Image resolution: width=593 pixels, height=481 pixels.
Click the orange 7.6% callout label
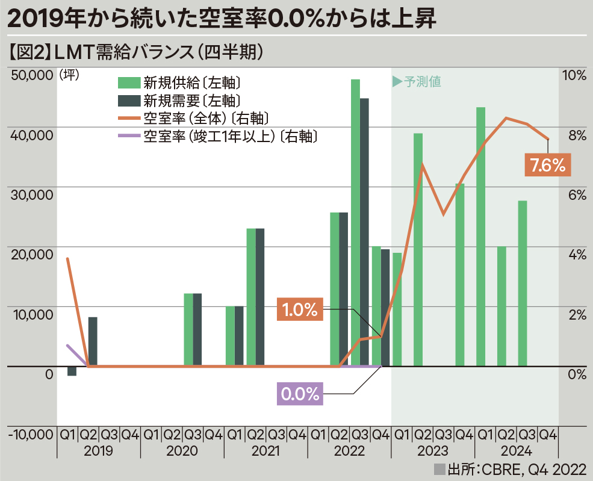click(x=547, y=164)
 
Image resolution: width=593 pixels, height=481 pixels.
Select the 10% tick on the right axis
click(x=573, y=75)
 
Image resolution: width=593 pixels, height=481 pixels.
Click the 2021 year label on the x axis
click(x=265, y=451)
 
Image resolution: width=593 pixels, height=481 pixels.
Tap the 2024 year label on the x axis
click(x=516, y=451)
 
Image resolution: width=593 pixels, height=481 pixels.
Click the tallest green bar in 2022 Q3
click(x=355, y=223)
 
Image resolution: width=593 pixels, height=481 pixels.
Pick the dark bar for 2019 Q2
click(x=92, y=341)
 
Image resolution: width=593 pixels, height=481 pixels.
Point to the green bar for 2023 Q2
click(x=418, y=249)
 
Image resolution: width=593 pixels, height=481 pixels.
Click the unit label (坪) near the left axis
click(x=70, y=75)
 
